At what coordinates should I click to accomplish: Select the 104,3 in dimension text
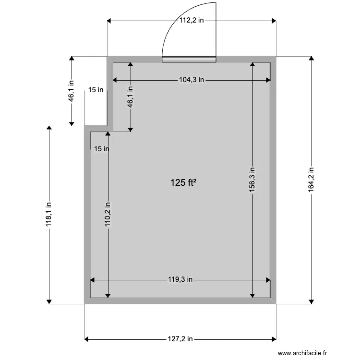point(192,80)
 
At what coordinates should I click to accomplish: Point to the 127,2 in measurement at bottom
point(180,339)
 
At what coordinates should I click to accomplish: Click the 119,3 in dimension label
point(180,279)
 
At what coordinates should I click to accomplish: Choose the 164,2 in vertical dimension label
point(312,180)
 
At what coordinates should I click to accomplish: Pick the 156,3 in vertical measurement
point(252,180)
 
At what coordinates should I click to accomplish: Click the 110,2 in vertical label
point(108,214)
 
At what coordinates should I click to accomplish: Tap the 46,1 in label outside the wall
point(72,91)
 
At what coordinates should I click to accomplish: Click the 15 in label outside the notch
point(96,89)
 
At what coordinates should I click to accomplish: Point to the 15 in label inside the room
point(101,149)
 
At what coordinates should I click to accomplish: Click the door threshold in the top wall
point(189,60)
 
